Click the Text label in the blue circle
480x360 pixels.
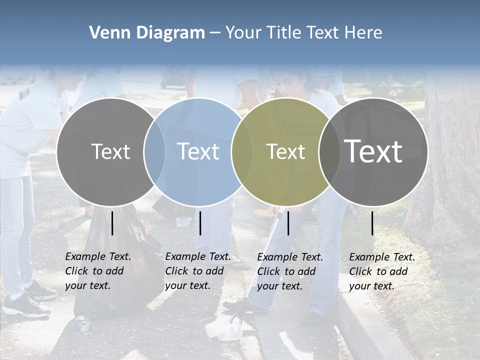(x=198, y=151)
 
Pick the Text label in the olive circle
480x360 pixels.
(x=285, y=151)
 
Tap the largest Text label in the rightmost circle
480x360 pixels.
(x=373, y=151)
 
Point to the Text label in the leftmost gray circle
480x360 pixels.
(x=110, y=151)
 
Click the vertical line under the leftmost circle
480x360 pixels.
(x=112, y=223)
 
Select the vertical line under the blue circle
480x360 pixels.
(x=200, y=223)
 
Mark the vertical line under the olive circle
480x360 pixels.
(x=288, y=223)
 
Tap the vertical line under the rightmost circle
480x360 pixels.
(x=372, y=223)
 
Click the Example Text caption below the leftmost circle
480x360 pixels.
(x=98, y=271)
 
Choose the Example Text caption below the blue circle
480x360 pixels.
(x=198, y=271)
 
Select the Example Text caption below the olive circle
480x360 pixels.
(x=290, y=271)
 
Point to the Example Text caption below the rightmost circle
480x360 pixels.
(x=382, y=271)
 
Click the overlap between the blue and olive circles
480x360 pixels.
(x=242, y=151)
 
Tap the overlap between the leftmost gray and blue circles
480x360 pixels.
(x=154, y=151)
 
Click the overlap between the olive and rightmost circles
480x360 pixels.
(x=329, y=151)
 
